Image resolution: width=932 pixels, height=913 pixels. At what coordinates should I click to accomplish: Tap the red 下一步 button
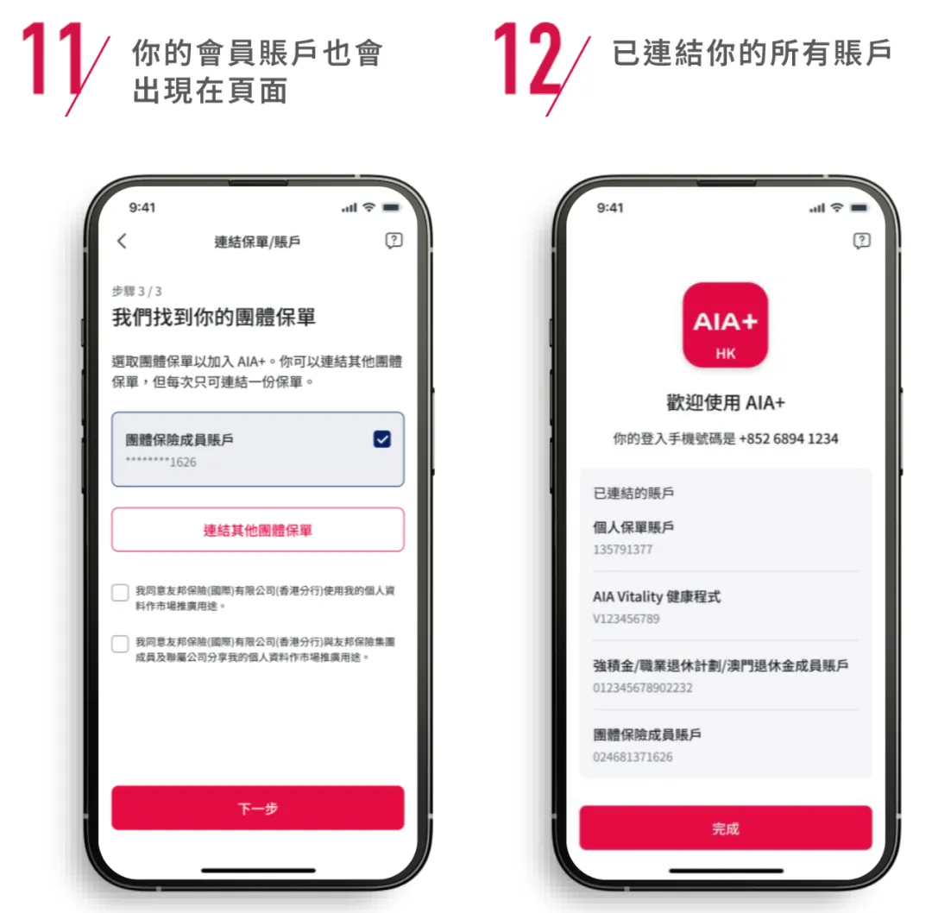(x=257, y=809)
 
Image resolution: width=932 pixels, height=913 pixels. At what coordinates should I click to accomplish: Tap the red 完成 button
(x=725, y=828)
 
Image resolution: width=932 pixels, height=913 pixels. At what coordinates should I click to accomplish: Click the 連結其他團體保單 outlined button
(x=257, y=530)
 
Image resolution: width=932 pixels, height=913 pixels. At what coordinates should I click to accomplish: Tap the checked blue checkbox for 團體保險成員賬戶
(x=381, y=440)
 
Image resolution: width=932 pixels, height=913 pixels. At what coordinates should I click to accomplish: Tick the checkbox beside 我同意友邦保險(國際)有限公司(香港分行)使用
(x=120, y=593)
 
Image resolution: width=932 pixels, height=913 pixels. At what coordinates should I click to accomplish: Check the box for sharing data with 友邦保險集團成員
(x=120, y=644)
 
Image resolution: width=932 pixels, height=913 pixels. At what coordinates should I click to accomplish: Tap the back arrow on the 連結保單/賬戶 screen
(x=122, y=242)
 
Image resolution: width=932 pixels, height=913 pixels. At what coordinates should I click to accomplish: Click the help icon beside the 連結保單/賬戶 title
(x=394, y=242)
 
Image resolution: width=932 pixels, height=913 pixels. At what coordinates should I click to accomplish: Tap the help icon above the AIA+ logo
(x=861, y=241)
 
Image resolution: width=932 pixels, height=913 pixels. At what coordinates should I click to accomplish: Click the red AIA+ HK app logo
(x=725, y=325)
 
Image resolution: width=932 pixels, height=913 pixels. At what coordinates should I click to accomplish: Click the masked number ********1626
(x=161, y=463)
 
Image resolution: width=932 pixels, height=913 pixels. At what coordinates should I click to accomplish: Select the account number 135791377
(x=623, y=550)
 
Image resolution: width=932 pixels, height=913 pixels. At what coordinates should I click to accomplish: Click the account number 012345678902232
(x=643, y=688)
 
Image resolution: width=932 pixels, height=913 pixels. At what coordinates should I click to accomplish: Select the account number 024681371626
(x=633, y=757)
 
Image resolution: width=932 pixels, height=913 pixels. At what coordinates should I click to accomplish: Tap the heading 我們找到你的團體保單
(x=214, y=318)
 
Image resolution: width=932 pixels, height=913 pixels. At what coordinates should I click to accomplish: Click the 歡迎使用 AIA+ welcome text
(x=725, y=403)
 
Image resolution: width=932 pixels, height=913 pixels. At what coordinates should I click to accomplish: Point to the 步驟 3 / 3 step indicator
(x=136, y=291)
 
